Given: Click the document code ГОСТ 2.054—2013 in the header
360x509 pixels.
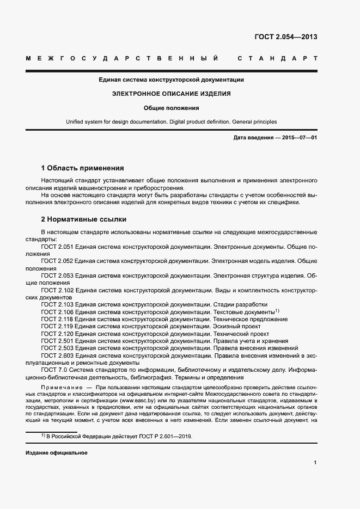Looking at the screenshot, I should [286, 37].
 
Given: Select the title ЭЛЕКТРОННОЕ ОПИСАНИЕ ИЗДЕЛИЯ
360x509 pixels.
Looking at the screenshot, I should [171, 94].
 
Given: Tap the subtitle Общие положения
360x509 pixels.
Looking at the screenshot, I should [171, 108].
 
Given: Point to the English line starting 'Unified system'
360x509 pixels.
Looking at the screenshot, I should [171, 122].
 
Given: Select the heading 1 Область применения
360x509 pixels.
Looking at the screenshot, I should [83, 168].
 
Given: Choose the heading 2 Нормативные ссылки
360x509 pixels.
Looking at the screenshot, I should [84, 219].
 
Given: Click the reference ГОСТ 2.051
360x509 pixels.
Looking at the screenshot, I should [57, 247].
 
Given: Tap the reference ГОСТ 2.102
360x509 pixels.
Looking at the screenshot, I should [57, 291].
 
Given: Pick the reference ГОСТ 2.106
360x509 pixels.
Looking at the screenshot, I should [57, 312].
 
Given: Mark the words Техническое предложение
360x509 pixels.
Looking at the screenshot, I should [250, 319].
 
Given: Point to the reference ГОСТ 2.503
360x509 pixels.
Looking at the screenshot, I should [57, 348].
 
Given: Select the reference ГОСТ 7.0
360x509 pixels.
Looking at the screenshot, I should [53, 370].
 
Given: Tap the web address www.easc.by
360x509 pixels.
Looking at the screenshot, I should [136, 400].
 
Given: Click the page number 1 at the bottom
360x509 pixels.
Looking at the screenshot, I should [315, 463].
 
